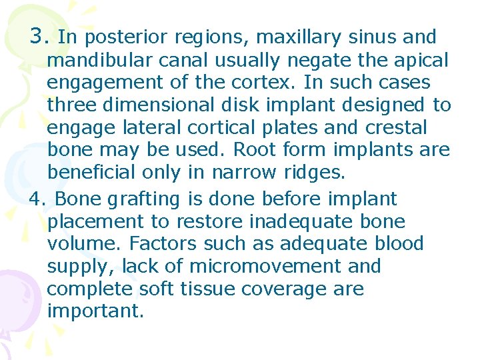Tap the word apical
pyautogui.click(x=419, y=61)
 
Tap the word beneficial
pyautogui.click(x=93, y=173)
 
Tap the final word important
pyautogui.click(x=95, y=312)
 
